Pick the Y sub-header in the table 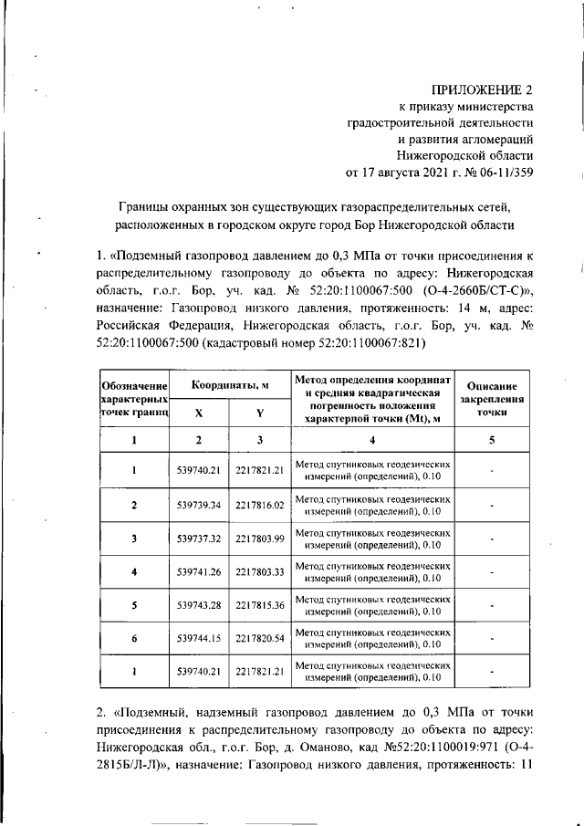click(260, 413)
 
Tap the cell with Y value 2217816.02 click(260, 505)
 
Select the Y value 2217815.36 click(260, 606)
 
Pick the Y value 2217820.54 click(260, 640)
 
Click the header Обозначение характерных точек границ click(133, 399)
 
